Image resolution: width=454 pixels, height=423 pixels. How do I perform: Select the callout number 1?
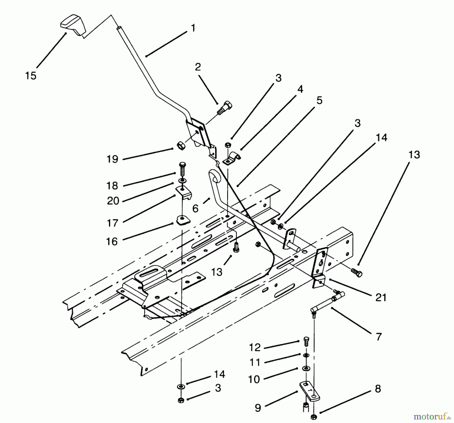coord(193,28)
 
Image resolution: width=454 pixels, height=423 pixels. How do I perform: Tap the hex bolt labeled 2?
coord(224,108)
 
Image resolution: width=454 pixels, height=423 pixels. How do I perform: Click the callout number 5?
coord(319,100)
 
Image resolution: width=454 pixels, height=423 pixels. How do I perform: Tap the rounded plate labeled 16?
coord(183,220)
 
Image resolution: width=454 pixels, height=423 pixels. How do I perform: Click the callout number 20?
coord(113,201)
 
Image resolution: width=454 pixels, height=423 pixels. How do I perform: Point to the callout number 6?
coord(195,209)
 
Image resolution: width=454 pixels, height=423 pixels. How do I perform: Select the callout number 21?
coord(381,298)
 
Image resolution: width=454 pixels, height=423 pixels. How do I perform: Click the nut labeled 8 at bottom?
coord(314,417)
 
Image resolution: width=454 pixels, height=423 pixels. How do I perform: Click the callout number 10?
coord(254,379)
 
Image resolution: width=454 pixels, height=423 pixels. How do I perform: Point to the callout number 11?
coord(254,362)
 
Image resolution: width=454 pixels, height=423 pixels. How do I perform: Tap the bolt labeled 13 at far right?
coord(356,273)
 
